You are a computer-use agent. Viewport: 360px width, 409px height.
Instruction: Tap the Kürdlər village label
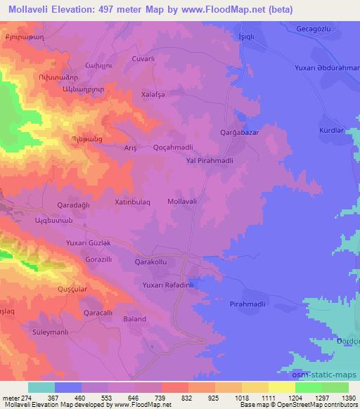click(330, 131)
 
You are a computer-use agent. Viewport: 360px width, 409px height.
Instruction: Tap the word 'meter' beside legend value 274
click(11, 397)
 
